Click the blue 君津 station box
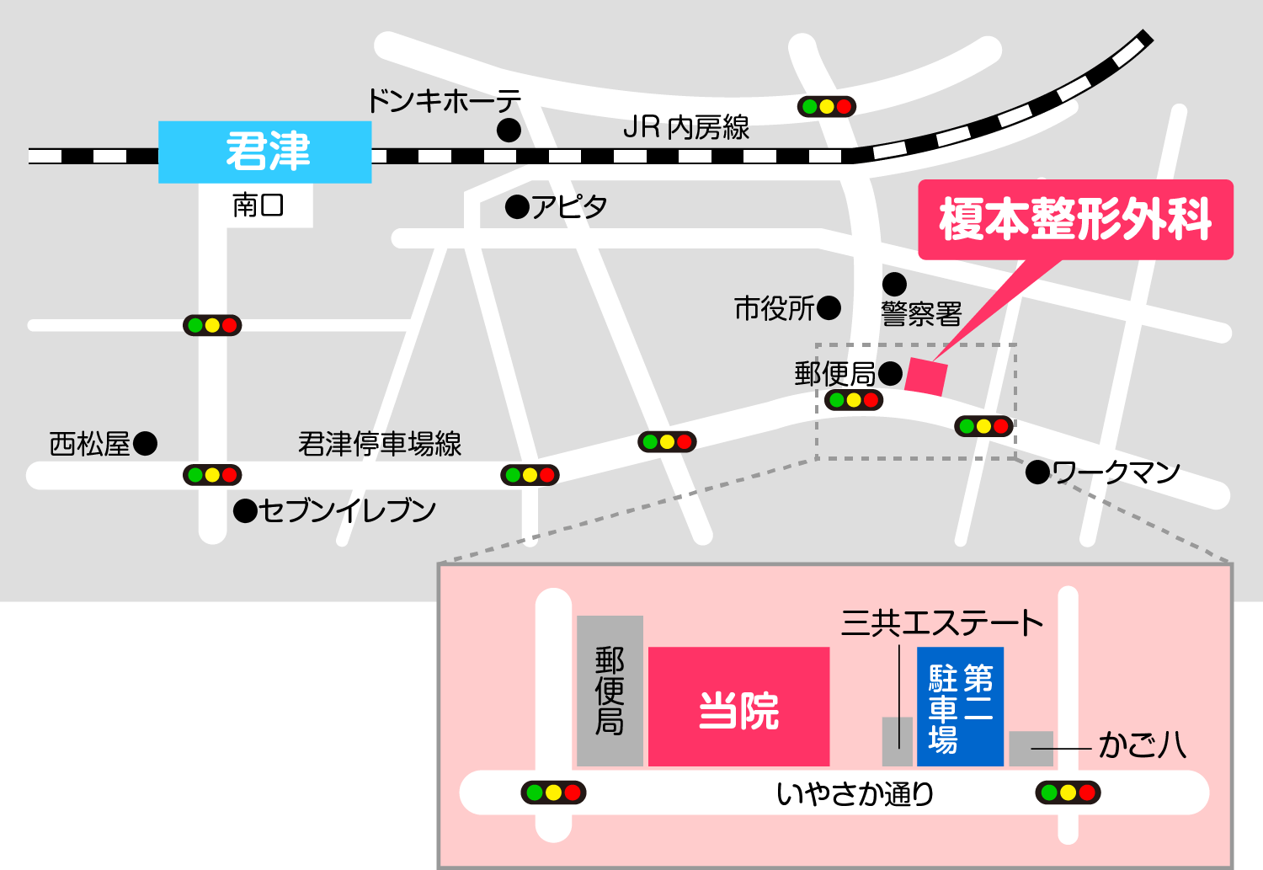point(265,152)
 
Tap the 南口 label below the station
point(258,205)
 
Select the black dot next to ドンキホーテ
point(509,131)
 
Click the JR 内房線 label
point(686,128)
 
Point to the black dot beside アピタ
point(517,206)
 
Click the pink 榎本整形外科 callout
point(1075,220)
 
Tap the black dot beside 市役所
point(829,308)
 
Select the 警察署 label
point(921,315)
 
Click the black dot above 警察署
point(894,284)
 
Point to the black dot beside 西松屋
point(146,443)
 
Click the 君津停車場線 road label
point(380,444)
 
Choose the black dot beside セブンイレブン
point(245,510)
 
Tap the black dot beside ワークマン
point(1037,472)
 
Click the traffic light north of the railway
point(826,106)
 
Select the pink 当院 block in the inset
point(738,707)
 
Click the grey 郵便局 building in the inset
point(610,691)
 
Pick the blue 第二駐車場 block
point(960,706)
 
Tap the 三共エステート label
point(942,624)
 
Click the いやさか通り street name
point(855,793)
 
